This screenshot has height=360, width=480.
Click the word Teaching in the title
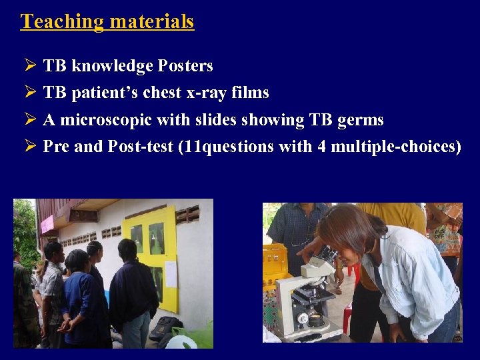(62, 21)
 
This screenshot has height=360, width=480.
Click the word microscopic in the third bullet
(105, 120)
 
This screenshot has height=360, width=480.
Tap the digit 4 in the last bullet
(321, 147)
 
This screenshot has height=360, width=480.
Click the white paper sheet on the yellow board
(171, 273)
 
